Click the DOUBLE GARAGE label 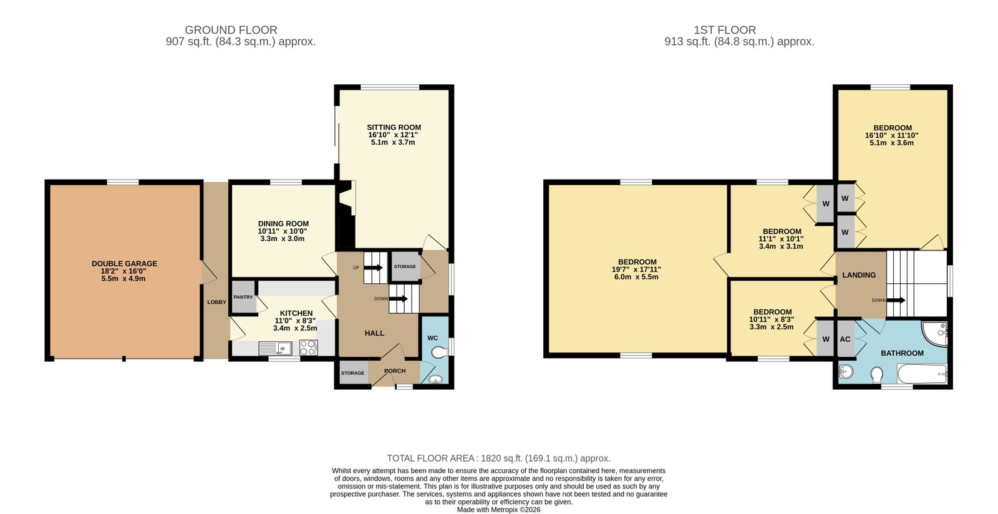124,264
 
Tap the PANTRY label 243,297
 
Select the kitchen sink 275,348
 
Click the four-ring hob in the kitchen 308,347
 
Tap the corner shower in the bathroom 935,332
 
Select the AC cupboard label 845,339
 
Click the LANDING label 859,275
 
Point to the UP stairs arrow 374,268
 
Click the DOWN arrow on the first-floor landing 896,300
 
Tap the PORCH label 395,371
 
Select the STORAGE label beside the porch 352,373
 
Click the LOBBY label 216,302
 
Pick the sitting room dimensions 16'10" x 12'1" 393,135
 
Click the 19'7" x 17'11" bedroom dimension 636,269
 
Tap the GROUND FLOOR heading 231,30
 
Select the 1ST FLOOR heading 725,30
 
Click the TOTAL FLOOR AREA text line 498,458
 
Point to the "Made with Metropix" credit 498,510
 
